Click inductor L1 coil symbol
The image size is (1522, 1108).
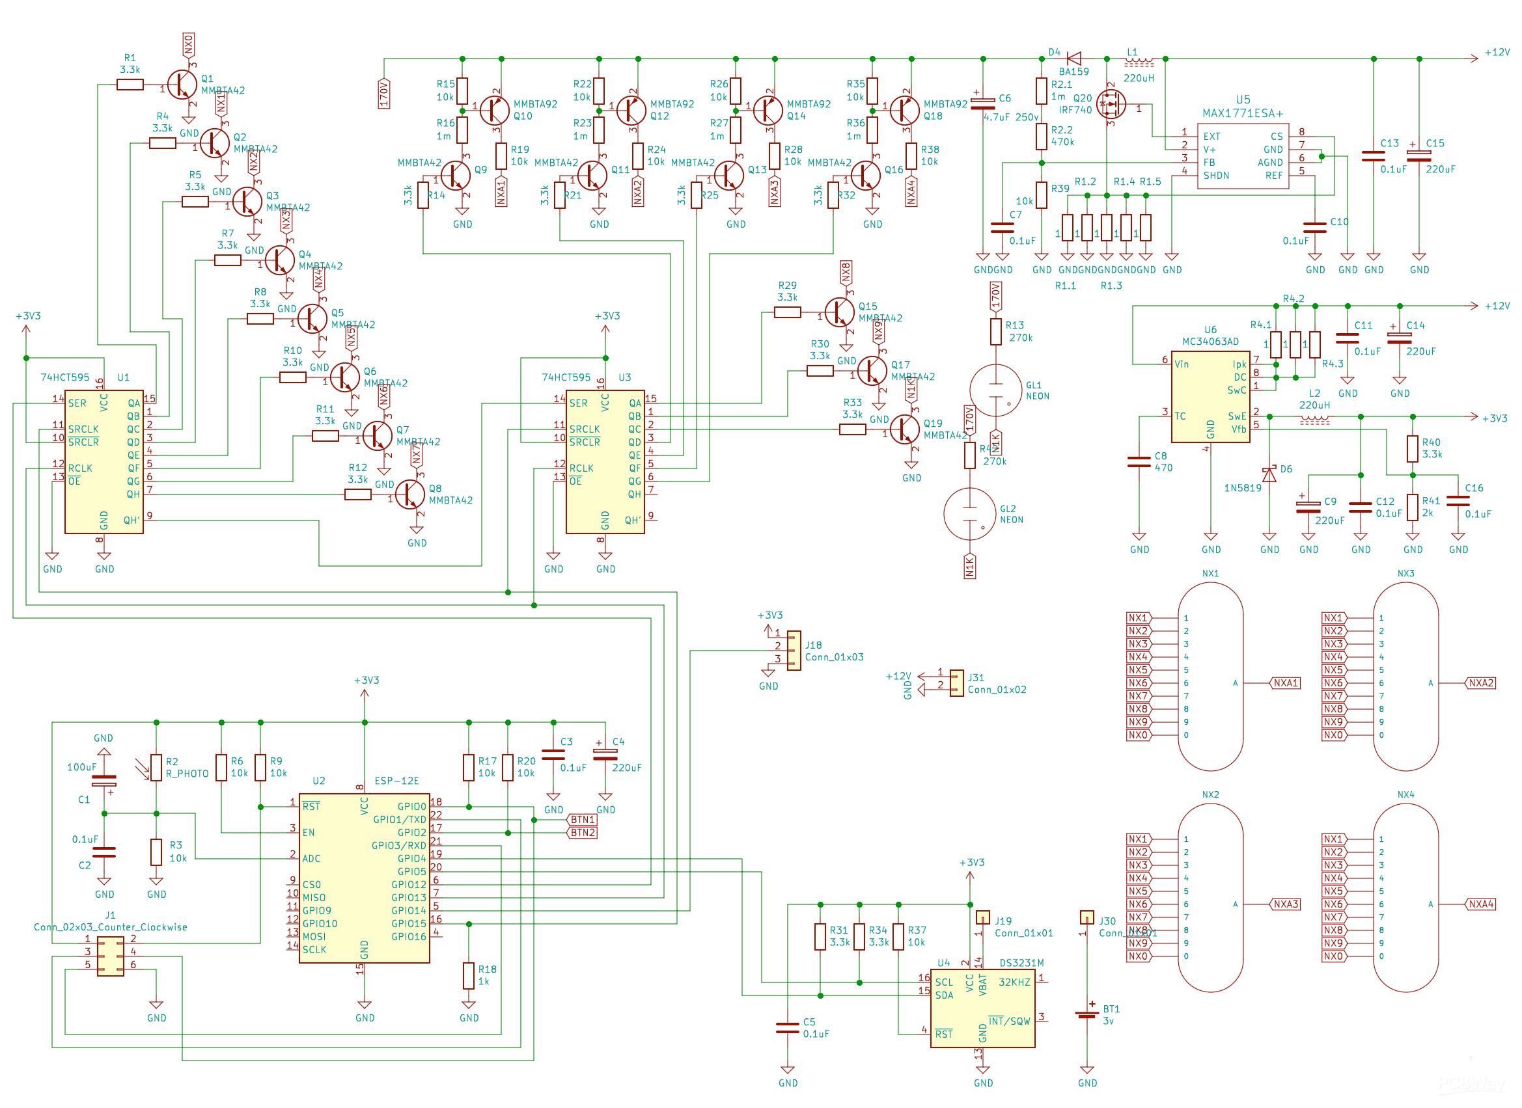click(1139, 62)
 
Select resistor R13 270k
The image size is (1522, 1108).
click(996, 331)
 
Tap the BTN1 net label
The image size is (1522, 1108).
click(582, 820)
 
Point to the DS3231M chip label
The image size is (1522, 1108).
click(1021, 962)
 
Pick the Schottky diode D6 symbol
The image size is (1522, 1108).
click(1269, 474)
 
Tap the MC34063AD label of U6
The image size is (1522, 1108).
click(1211, 342)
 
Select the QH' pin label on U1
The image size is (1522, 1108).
click(132, 520)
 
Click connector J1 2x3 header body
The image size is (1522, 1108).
click(110, 956)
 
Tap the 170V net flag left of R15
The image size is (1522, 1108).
click(384, 93)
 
